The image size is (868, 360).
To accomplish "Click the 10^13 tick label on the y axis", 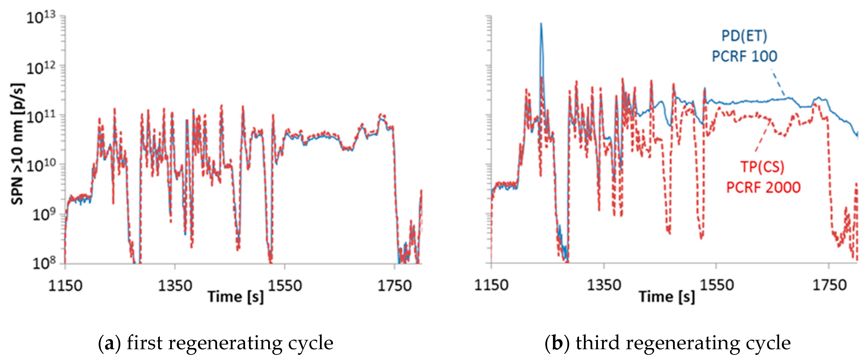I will coord(41,17).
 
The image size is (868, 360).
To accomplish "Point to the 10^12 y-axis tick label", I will coord(41,68).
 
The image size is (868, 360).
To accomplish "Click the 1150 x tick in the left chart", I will coord(65,286).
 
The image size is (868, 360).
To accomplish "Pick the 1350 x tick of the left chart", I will coord(175,286).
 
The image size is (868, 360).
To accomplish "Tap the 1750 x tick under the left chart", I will coord(394,286).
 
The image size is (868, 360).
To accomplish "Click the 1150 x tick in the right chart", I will coord(491,285).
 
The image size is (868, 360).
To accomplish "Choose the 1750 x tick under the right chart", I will coord(829,285).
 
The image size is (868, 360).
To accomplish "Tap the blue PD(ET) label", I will coord(744,36).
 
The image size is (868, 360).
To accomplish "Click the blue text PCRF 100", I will coord(744,56).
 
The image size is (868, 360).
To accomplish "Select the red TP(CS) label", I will coord(762,166).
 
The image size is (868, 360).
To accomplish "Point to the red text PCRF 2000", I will coord(763,187).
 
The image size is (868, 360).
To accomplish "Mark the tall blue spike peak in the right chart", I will coord(541,24).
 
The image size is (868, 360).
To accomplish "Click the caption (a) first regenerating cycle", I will coord(216,343).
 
